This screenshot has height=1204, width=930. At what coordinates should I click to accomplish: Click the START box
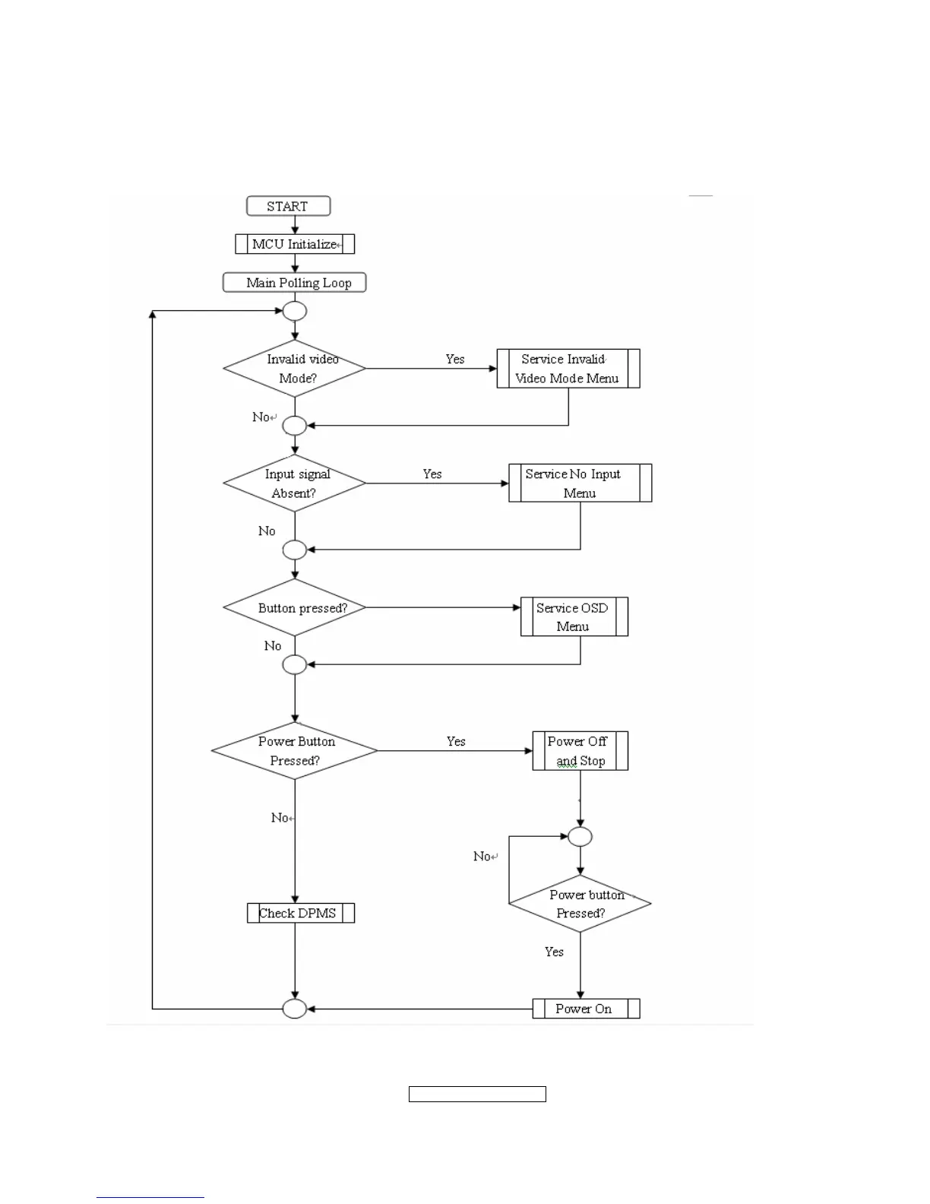[x=288, y=206]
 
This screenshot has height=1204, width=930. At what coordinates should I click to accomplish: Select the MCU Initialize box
[x=295, y=244]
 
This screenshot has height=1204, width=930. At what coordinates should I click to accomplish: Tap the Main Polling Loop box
[x=295, y=283]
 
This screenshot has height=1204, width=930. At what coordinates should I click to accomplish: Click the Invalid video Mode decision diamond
[x=295, y=369]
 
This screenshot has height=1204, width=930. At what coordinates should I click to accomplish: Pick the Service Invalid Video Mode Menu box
[x=568, y=369]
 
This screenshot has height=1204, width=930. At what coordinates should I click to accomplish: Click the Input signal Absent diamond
[x=295, y=483]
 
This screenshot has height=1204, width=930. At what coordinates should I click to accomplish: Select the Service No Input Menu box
[x=580, y=483]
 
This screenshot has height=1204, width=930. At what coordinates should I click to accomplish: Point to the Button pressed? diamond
[x=295, y=608]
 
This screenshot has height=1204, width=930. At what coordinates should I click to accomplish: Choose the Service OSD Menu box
[x=574, y=616]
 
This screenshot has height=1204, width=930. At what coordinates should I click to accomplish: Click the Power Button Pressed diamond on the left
[x=295, y=751]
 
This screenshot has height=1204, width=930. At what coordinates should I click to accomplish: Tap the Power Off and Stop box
[x=580, y=751]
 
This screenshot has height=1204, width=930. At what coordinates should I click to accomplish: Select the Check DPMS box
[x=301, y=913]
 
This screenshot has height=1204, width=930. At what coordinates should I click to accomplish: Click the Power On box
[x=586, y=1009]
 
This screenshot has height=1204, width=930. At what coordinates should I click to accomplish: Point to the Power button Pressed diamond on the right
[x=580, y=904]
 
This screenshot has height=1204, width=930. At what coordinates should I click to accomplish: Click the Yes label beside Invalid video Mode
[x=455, y=360]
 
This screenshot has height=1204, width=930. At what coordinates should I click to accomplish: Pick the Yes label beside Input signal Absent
[x=432, y=474]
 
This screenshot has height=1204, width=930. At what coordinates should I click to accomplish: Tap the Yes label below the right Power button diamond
[x=554, y=952]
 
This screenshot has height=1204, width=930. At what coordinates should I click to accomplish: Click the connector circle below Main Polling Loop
[x=295, y=311]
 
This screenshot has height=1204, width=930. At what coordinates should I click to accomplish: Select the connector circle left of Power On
[x=295, y=1009]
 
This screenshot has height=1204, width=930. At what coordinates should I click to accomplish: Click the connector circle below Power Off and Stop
[x=580, y=837]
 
